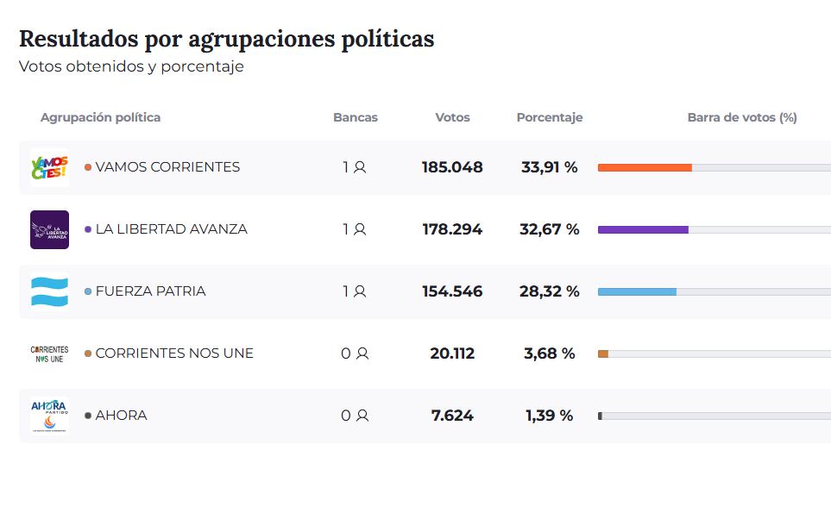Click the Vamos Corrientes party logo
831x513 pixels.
(x=49, y=167)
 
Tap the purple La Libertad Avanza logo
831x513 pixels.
(x=49, y=229)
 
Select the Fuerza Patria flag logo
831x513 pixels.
(x=49, y=291)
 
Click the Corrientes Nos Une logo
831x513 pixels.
(x=49, y=353)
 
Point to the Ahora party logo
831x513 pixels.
(x=49, y=416)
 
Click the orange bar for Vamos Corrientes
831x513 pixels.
(x=645, y=167)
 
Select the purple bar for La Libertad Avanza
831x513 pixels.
(x=643, y=229)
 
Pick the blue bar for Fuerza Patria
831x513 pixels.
(x=637, y=291)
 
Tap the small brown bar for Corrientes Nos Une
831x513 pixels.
(x=603, y=353)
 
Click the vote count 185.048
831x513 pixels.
(x=452, y=167)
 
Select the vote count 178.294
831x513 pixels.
(x=452, y=229)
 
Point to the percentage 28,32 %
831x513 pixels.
(x=549, y=291)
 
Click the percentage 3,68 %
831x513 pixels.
(x=549, y=353)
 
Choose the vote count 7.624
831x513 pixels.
(x=452, y=416)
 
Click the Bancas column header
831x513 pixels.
(x=356, y=117)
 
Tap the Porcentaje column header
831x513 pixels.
(x=550, y=117)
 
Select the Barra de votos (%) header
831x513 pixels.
(x=742, y=117)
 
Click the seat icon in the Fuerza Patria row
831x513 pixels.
(x=360, y=291)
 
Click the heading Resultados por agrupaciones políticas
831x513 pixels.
(x=226, y=39)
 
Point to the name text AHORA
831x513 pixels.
(x=121, y=416)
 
